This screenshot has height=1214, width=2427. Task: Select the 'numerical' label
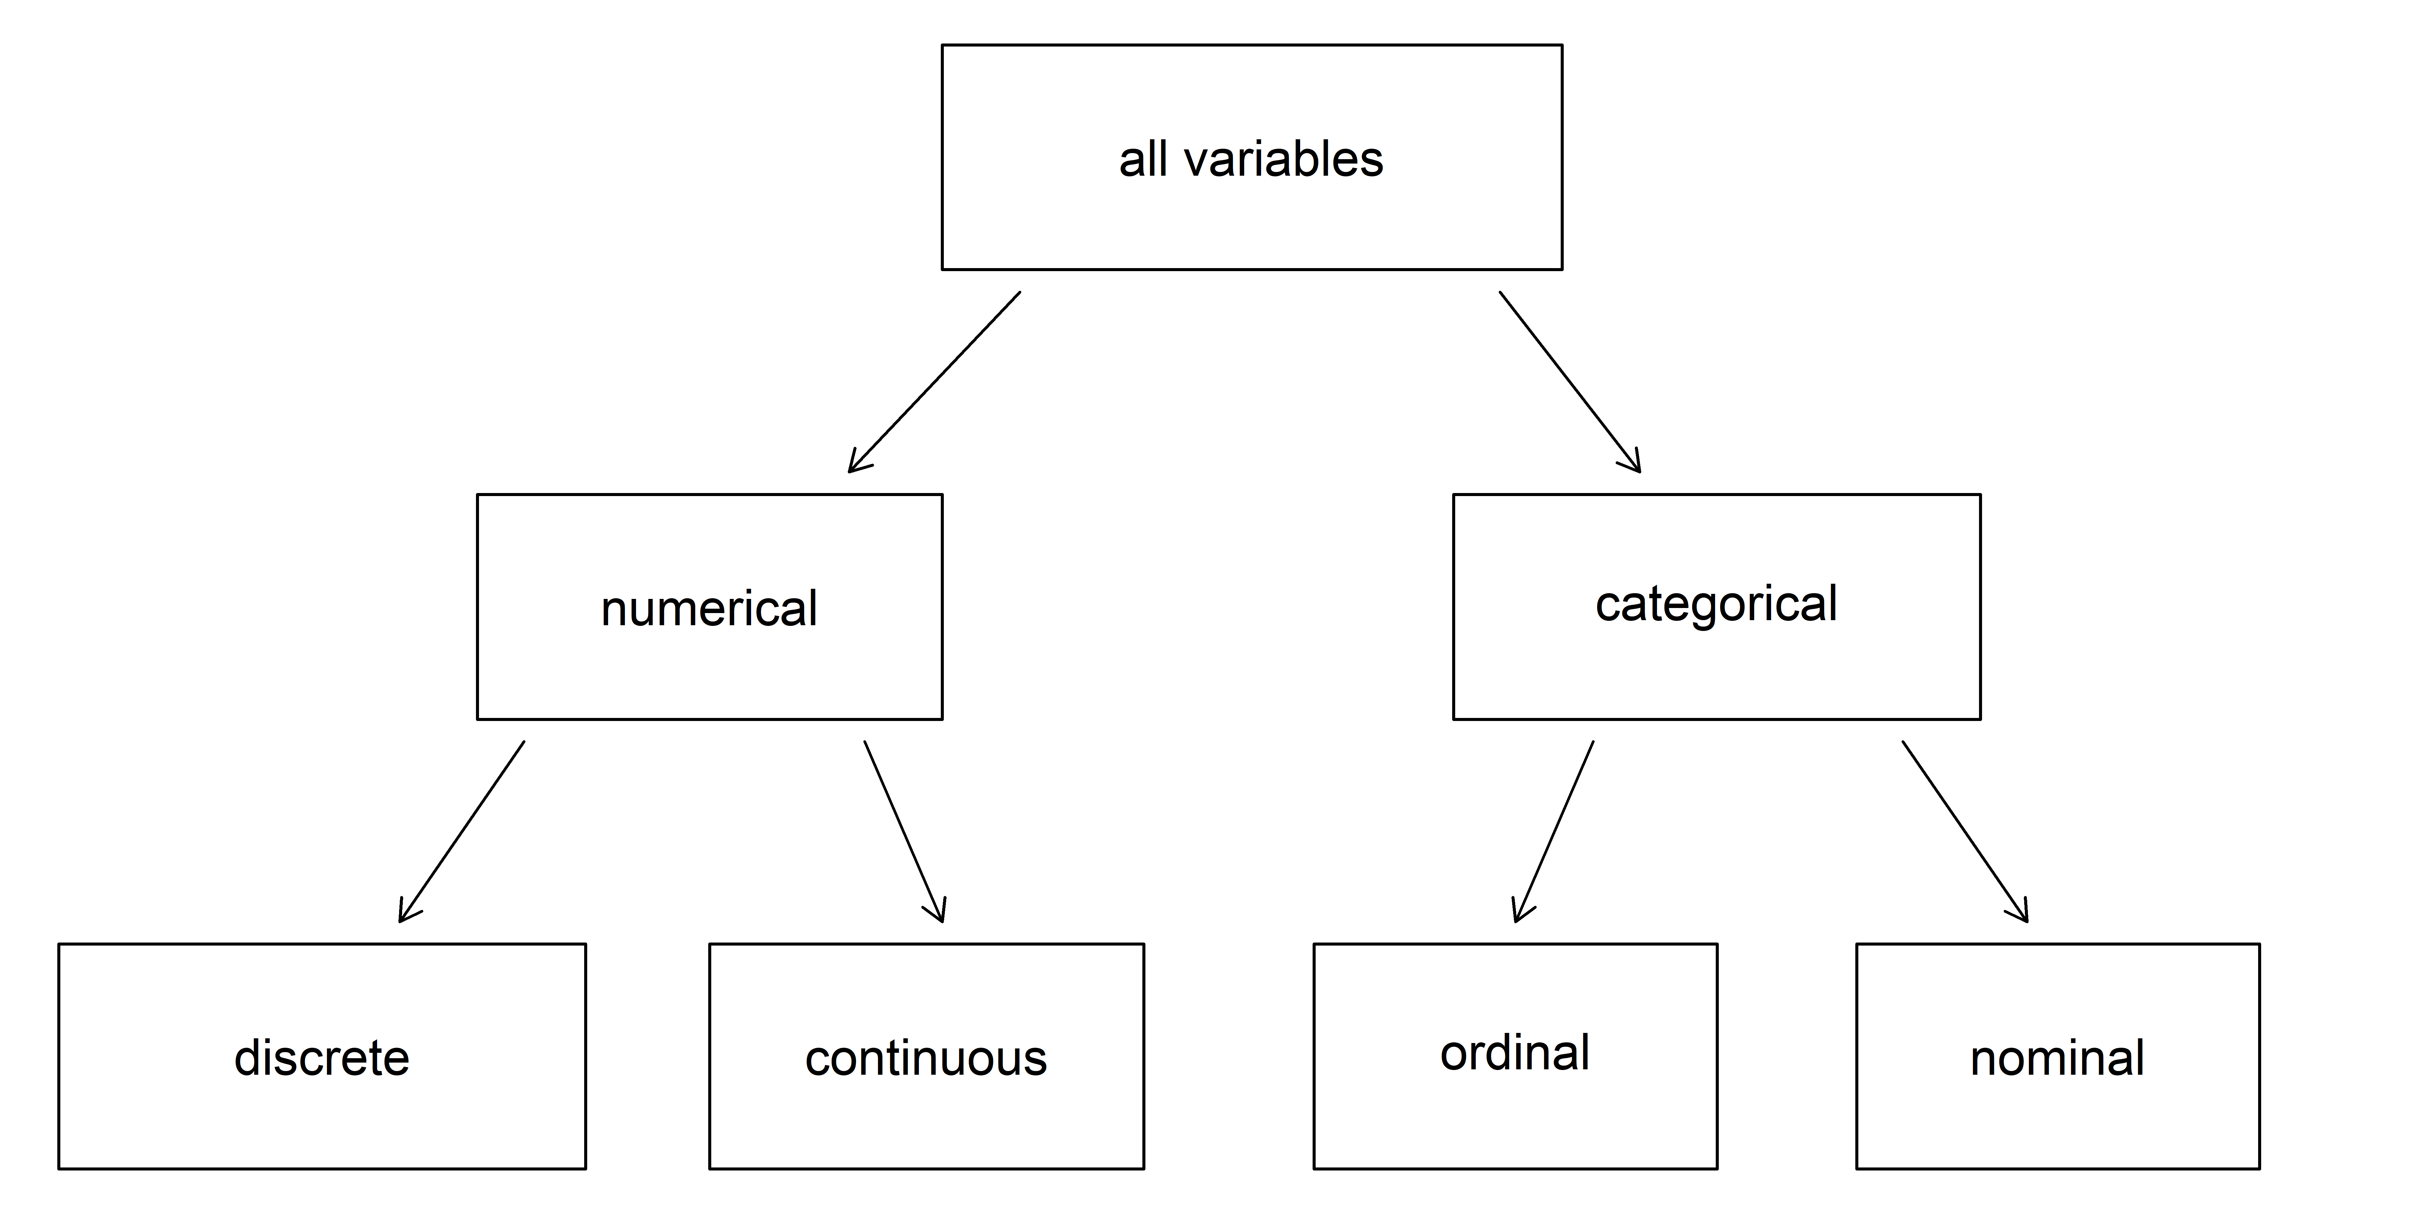709,608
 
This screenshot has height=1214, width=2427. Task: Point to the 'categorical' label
1716,603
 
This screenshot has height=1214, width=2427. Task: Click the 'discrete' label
321,1058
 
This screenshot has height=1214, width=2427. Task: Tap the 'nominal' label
2057,1058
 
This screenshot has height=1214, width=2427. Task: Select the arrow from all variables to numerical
935,382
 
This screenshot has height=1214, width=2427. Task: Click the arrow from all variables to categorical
1570,382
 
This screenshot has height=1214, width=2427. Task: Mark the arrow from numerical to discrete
462,831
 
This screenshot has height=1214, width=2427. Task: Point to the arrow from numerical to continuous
903,831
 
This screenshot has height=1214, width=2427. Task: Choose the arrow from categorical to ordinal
1554,831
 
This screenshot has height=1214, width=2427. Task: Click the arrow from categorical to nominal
1965,831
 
